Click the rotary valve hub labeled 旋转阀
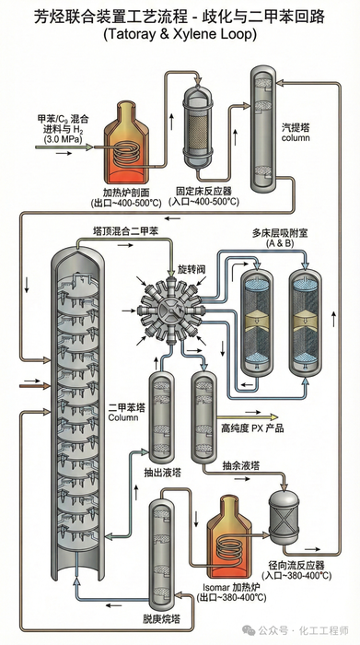[x=170, y=311]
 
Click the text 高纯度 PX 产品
[x=252, y=428]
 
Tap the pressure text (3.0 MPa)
[x=63, y=139]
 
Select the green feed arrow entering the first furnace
[x=64, y=147]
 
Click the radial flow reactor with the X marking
[x=284, y=516]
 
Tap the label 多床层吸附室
[x=280, y=234]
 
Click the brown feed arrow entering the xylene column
[x=34, y=386]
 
